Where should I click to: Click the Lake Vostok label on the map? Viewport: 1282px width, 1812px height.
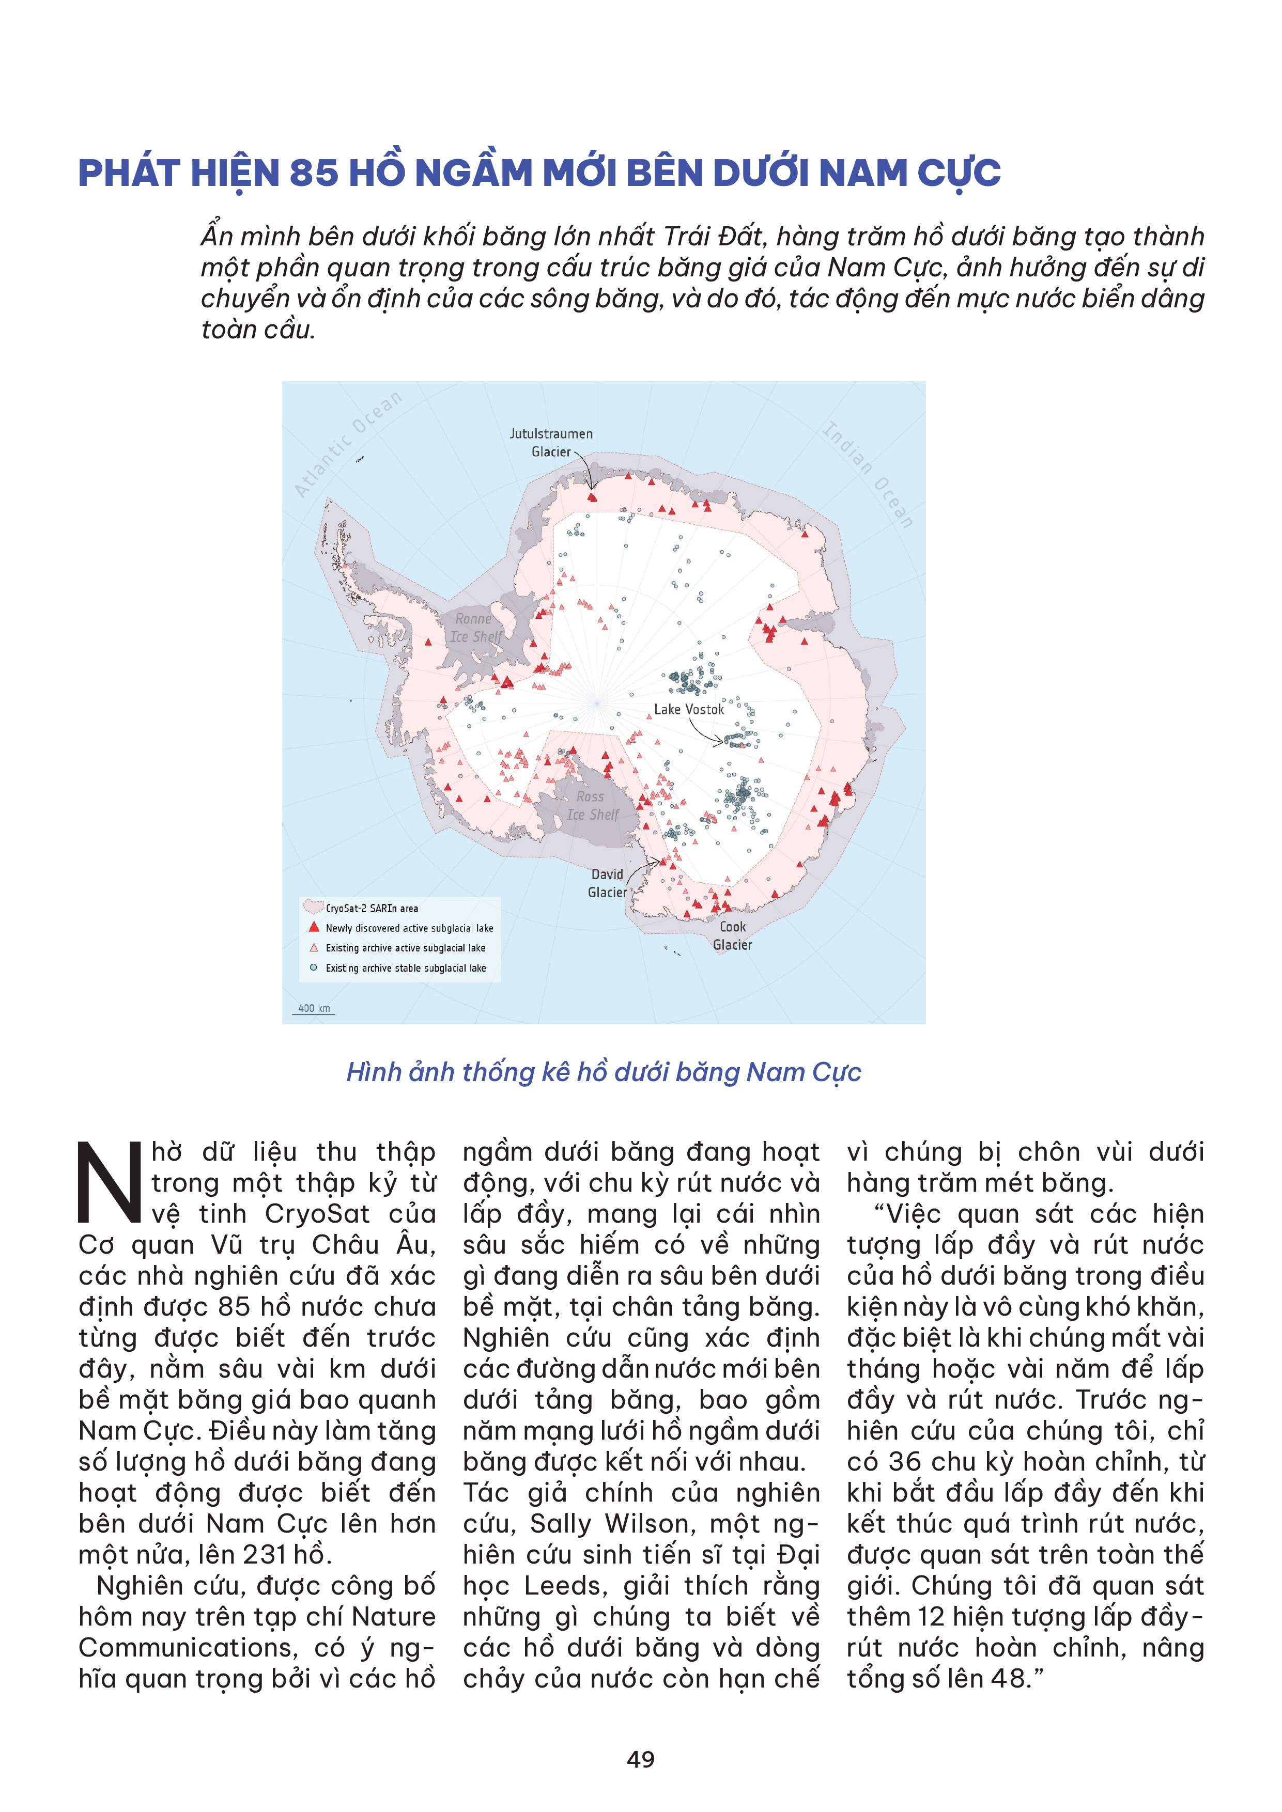tap(688, 710)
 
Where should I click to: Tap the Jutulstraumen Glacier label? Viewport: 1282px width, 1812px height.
tap(551, 443)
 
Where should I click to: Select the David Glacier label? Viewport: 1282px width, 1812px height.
tap(607, 883)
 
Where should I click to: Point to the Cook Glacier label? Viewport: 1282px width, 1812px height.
tap(733, 935)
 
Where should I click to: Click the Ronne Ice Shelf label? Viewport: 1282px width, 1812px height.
tap(475, 628)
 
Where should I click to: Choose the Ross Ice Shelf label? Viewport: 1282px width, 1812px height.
tap(592, 806)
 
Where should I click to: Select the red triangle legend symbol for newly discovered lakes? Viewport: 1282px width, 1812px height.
tap(314, 927)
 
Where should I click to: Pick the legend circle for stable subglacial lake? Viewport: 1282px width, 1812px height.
tap(314, 967)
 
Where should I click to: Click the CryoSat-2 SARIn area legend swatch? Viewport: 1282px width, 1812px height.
tap(314, 908)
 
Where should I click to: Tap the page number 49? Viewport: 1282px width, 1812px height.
tap(640, 1759)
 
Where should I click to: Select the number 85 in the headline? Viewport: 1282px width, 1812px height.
tap(314, 174)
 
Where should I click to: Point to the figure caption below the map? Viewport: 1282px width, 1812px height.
tap(603, 1072)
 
